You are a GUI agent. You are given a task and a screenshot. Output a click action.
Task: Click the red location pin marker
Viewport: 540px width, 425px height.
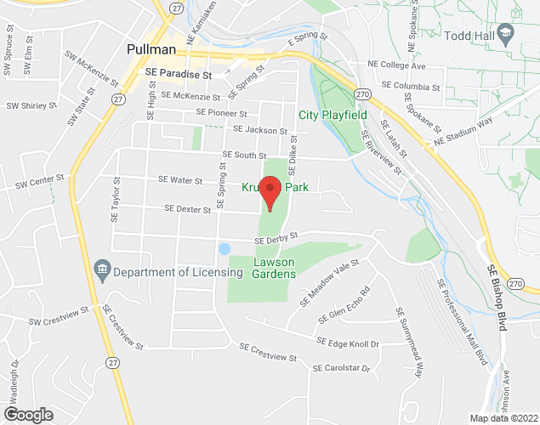pyautogui.click(x=270, y=193)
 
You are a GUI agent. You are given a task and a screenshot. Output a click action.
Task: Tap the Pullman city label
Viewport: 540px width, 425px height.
pyautogui.click(x=152, y=48)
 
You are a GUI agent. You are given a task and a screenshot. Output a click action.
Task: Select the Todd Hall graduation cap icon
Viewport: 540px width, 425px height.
pyautogui.click(x=505, y=33)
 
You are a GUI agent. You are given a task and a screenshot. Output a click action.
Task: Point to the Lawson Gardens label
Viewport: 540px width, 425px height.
pyautogui.click(x=274, y=268)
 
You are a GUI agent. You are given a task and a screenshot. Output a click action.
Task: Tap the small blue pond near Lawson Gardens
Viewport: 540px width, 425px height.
pyautogui.click(x=225, y=249)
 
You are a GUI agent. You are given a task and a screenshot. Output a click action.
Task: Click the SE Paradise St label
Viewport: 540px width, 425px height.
pyautogui.click(x=178, y=74)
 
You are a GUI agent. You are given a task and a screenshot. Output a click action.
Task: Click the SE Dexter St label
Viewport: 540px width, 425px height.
pyautogui.click(x=187, y=207)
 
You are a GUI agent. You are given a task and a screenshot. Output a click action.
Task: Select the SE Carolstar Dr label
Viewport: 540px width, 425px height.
pyautogui.click(x=342, y=368)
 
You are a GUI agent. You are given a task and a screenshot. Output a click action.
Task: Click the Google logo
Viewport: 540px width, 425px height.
pyautogui.click(x=27, y=414)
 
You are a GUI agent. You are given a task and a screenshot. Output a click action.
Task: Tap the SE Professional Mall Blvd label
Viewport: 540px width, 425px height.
pyautogui.click(x=463, y=322)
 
